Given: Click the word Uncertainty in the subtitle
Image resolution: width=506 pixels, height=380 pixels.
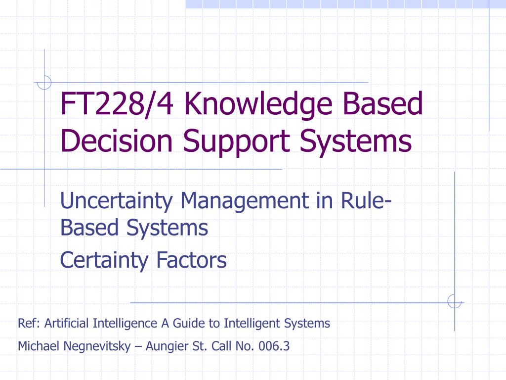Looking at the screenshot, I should (x=116, y=201).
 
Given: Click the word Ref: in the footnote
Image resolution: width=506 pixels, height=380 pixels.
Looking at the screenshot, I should (x=29, y=324).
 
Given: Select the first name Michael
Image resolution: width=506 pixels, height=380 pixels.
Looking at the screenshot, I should (x=39, y=346).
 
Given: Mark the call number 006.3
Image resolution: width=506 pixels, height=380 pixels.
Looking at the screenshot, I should (x=277, y=346).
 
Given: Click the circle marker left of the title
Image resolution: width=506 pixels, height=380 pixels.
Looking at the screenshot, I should (x=44, y=82).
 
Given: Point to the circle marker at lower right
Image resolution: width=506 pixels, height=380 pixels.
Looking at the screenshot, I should (x=454, y=301).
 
